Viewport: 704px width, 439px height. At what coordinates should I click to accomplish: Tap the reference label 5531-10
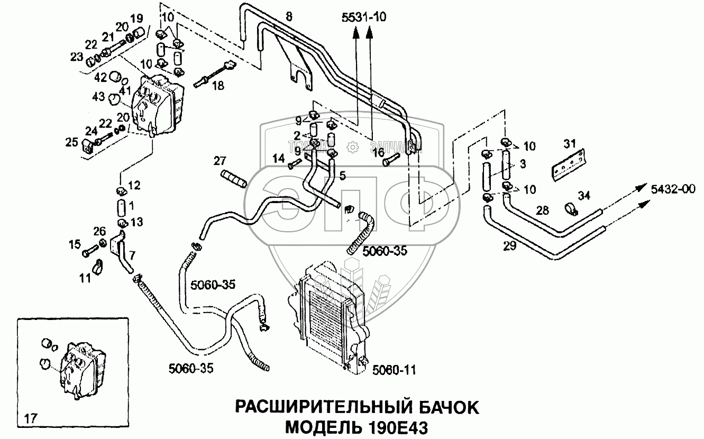364,17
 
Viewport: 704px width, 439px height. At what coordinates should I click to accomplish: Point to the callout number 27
220,160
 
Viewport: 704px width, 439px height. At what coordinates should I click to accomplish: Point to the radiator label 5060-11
395,371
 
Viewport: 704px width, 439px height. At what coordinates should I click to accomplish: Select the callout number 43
99,97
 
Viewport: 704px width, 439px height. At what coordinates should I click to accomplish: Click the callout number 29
509,246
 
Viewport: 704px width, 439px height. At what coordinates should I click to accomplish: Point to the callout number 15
75,244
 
